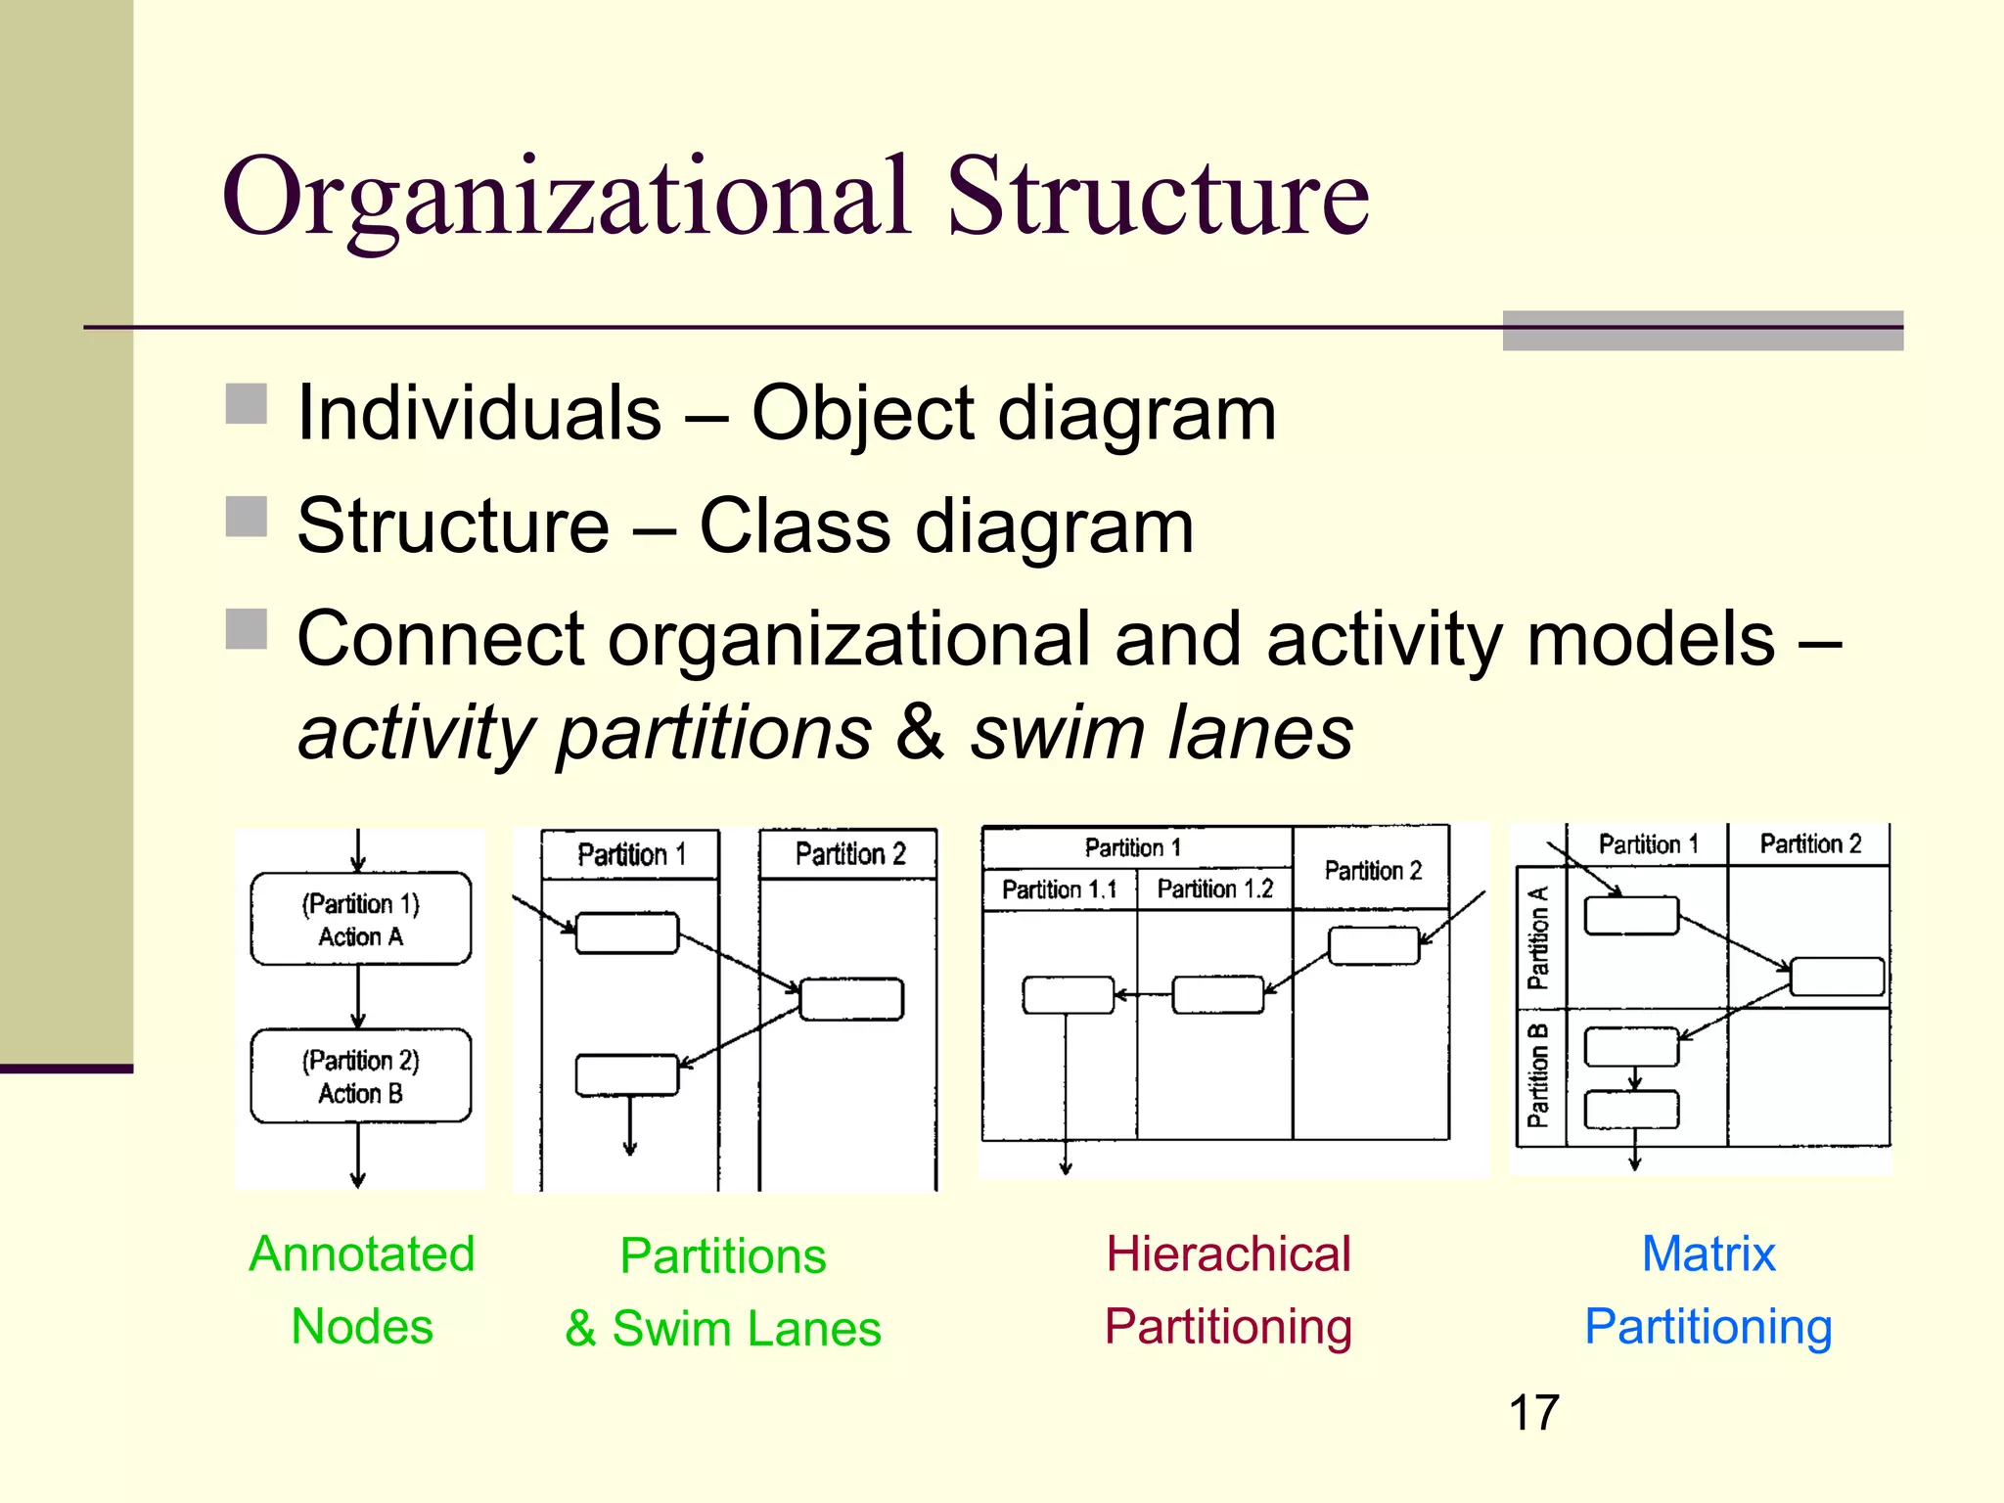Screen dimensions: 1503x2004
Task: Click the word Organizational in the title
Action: (566, 199)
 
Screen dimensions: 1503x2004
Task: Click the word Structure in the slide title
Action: (1158, 199)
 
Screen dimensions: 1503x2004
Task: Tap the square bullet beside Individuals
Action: (247, 404)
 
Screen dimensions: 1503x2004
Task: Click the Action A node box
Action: (360, 919)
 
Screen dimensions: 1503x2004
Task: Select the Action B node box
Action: (360, 1075)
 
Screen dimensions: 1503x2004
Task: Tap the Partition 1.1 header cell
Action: (1059, 889)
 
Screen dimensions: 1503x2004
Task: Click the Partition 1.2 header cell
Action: (1214, 889)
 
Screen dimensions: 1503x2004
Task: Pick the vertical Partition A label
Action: (1538, 937)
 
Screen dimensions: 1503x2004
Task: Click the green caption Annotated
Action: (362, 1253)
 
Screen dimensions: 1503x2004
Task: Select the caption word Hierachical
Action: (1228, 1253)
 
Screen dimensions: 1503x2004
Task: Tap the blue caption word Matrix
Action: (1708, 1253)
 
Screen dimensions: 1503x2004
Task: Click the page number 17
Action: (1533, 1413)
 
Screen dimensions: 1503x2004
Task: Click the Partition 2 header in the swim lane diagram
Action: (849, 854)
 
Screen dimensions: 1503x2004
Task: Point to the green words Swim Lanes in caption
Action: (747, 1329)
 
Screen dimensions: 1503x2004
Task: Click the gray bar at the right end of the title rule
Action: (1703, 331)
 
